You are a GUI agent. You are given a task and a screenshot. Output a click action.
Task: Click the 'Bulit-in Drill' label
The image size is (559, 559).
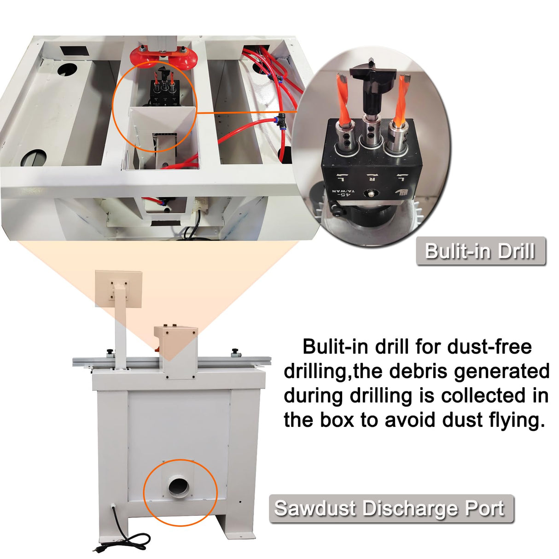(x=480, y=251)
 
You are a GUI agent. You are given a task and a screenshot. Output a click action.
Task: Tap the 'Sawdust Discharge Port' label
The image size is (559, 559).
(x=390, y=509)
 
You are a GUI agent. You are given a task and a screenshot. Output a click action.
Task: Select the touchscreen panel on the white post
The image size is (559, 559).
(x=118, y=288)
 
